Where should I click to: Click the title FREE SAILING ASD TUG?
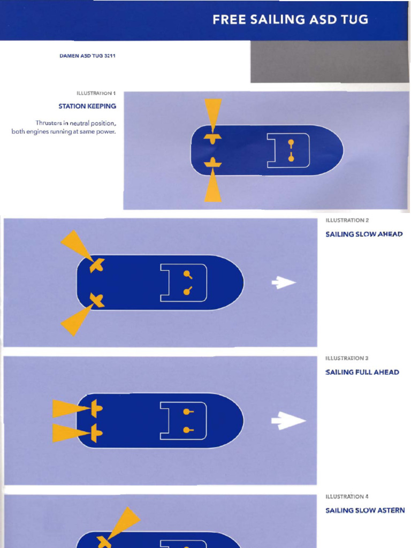(x=290, y=20)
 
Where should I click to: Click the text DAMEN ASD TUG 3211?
(x=87, y=56)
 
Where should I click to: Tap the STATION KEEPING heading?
(x=87, y=106)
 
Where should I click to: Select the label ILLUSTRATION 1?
(x=96, y=93)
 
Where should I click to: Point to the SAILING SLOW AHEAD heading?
(x=364, y=234)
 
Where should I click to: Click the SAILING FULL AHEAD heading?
(x=362, y=372)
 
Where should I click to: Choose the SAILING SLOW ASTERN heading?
(x=365, y=511)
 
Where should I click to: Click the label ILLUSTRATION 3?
(x=347, y=358)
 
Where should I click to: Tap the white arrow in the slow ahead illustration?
(x=284, y=283)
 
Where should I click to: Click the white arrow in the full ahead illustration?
(x=288, y=421)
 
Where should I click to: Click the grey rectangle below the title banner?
(x=330, y=62)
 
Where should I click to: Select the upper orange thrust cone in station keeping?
(x=213, y=114)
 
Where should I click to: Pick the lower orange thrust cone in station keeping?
(x=213, y=185)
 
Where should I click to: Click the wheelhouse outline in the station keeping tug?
(x=288, y=150)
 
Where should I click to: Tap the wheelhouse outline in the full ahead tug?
(x=184, y=421)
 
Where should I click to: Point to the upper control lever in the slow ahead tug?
(x=187, y=275)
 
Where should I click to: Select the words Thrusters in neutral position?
(x=76, y=123)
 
